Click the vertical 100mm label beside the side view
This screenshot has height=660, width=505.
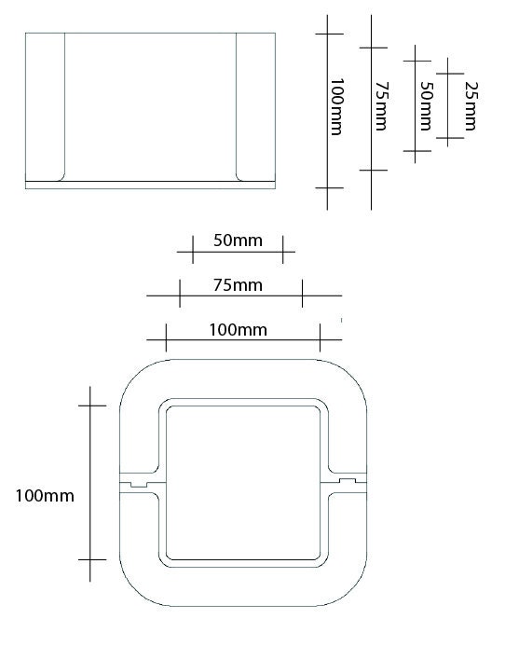click(336, 106)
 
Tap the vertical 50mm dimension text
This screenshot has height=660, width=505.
click(426, 106)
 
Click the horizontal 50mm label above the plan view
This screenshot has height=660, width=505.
click(237, 240)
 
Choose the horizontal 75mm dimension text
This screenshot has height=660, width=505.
click(237, 284)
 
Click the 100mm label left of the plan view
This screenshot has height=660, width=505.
click(45, 495)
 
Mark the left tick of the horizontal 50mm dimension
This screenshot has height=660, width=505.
click(192, 250)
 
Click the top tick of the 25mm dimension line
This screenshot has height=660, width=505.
click(449, 72)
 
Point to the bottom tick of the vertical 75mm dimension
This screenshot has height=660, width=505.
click(372, 170)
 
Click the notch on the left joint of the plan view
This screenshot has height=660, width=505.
click(139, 484)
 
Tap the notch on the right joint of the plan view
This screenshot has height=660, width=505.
click(348, 481)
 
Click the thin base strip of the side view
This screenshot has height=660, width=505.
click(151, 185)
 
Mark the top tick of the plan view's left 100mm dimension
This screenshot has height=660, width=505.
click(90, 406)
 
